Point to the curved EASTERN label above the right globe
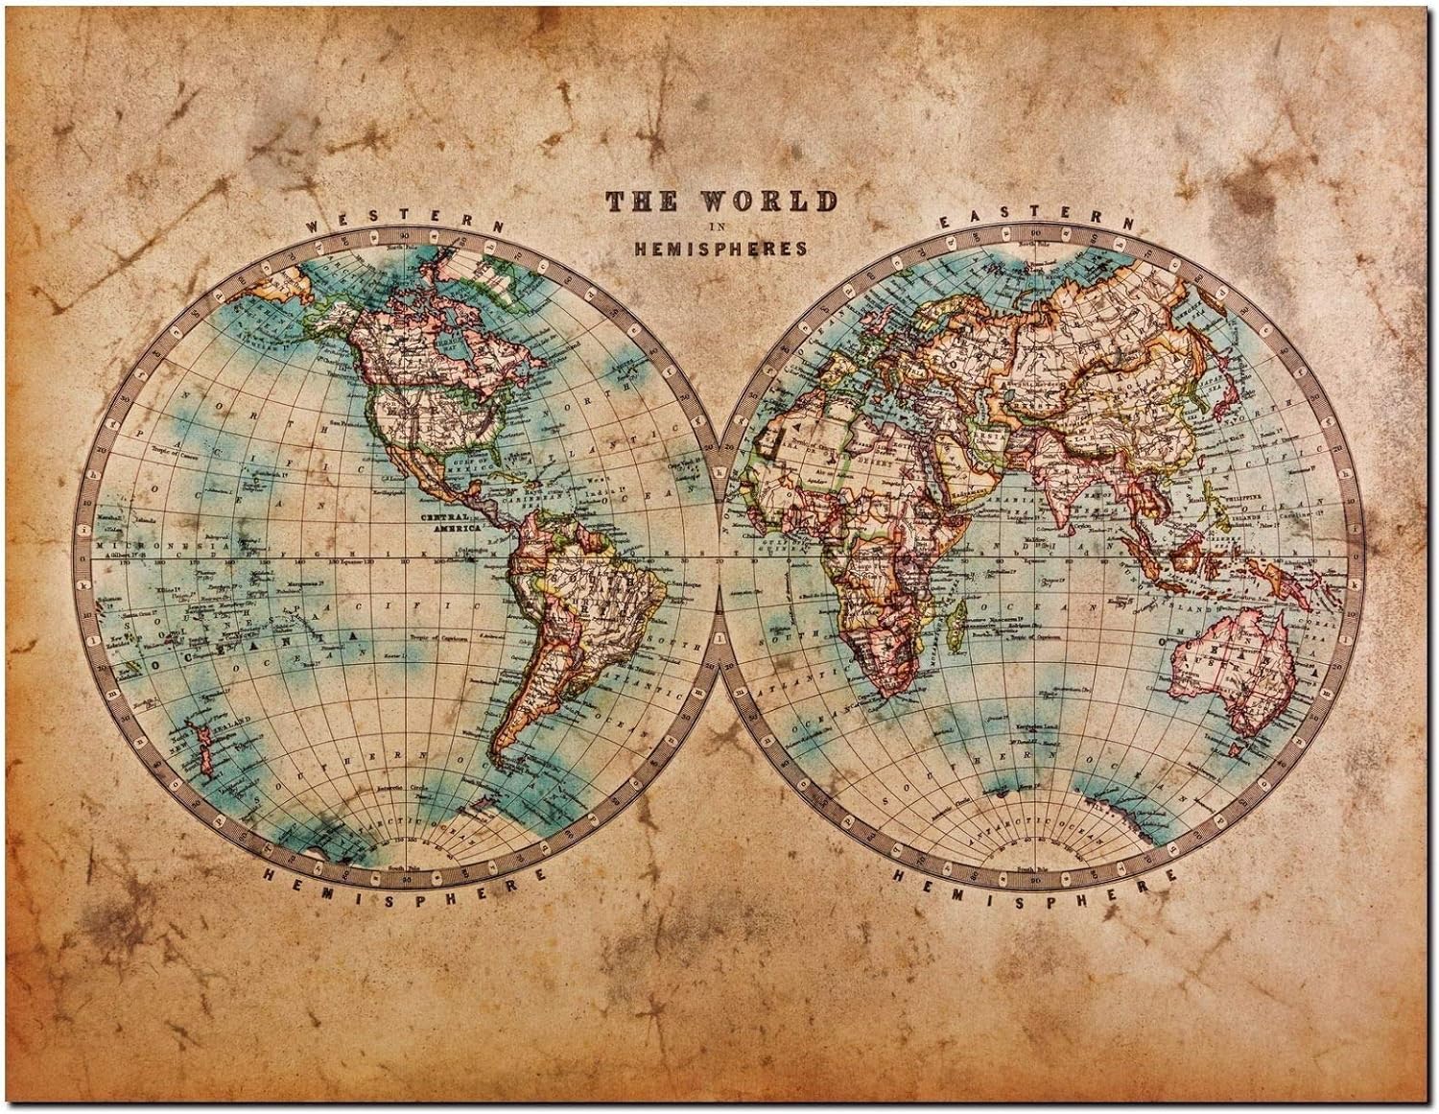pyautogui.click(x=1035, y=218)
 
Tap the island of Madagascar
pyautogui.click(x=955, y=628)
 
